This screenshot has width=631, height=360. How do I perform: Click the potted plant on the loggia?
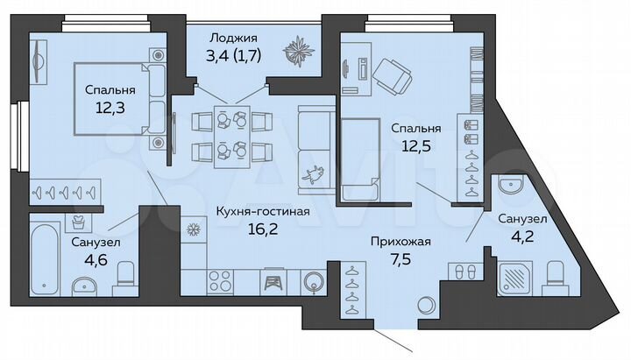click(297, 50)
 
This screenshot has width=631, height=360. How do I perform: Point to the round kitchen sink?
click(314, 282)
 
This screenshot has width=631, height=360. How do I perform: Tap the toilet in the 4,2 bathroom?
click(555, 275)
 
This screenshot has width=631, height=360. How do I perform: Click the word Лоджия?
click(232, 38)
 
